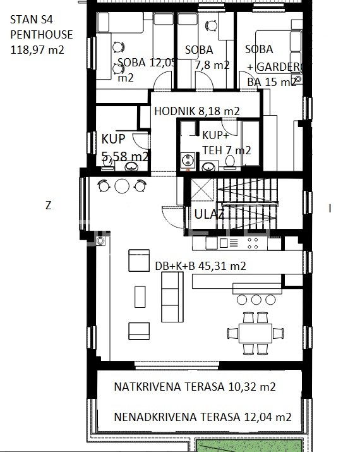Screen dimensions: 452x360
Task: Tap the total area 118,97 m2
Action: click(x=37, y=49)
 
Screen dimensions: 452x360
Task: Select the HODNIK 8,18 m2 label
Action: click(x=197, y=111)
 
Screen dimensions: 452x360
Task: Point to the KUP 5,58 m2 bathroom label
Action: click(x=124, y=147)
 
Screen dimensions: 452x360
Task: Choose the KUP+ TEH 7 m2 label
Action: click(x=226, y=142)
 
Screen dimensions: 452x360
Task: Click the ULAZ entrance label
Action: click(x=209, y=215)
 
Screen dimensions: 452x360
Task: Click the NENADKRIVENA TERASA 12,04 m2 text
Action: click(x=202, y=417)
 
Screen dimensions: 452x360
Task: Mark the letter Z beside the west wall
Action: click(x=48, y=205)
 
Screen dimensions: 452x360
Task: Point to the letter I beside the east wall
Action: click(x=330, y=209)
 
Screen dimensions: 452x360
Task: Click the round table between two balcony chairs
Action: click(x=121, y=185)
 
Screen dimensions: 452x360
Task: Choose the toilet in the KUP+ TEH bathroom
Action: click(x=230, y=164)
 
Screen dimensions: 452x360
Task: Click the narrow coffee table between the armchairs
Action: click(x=140, y=296)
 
